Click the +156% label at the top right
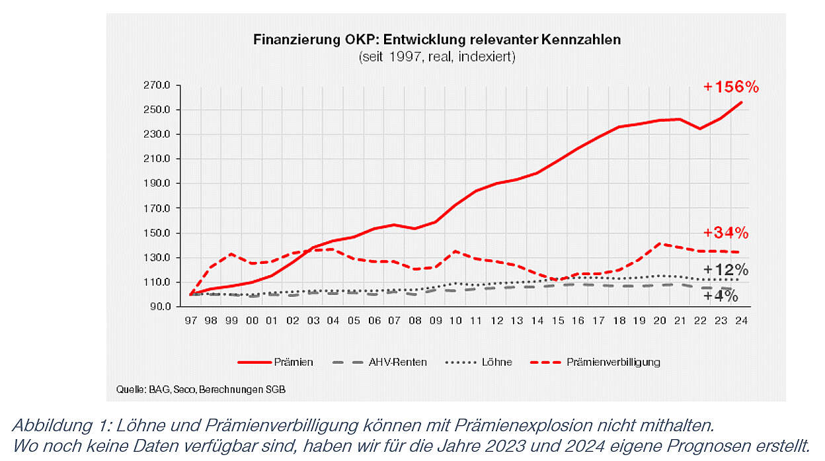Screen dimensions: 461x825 730,87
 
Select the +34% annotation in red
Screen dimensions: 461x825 725,233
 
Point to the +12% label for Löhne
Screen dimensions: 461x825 725,270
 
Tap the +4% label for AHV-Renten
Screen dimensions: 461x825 721,296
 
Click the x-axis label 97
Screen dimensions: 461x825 191,321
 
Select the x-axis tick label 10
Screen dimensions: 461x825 455,321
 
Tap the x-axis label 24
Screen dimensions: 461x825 740,321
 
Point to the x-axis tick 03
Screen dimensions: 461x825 313,321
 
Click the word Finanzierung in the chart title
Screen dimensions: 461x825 290,40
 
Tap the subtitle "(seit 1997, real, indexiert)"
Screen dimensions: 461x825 436,58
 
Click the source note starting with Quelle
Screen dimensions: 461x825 201,390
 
